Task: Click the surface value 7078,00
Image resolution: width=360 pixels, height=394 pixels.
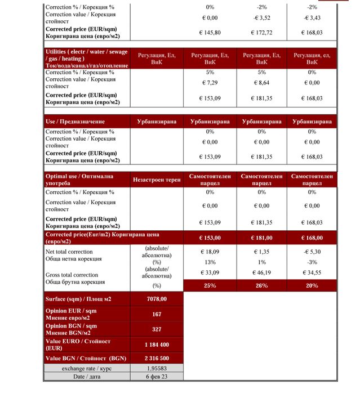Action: coord(157,299)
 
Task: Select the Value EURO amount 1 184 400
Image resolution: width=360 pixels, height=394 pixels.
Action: coord(157,344)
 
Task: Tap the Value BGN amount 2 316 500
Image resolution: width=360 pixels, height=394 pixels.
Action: coord(157,359)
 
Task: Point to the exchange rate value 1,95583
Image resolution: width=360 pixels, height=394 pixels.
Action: coord(157,368)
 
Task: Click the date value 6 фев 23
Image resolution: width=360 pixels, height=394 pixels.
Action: coord(157,377)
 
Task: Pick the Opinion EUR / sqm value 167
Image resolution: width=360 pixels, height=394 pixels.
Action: coord(157,314)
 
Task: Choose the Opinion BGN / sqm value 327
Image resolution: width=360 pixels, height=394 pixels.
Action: coord(157,329)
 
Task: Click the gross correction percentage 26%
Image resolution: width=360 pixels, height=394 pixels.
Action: coord(261,286)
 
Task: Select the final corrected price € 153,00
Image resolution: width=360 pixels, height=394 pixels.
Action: coord(210,238)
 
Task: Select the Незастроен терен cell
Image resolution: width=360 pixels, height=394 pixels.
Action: coord(157,180)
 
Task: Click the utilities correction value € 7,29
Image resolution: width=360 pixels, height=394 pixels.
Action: coord(210,83)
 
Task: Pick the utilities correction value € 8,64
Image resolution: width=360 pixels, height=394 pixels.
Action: coord(261,83)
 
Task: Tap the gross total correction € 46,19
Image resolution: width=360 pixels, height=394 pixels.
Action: coord(261,272)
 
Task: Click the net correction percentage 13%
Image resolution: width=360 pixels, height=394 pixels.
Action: coord(210,262)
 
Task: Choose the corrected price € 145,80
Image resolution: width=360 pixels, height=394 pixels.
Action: coord(210,33)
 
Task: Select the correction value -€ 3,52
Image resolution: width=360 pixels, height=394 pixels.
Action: coord(261,17)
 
